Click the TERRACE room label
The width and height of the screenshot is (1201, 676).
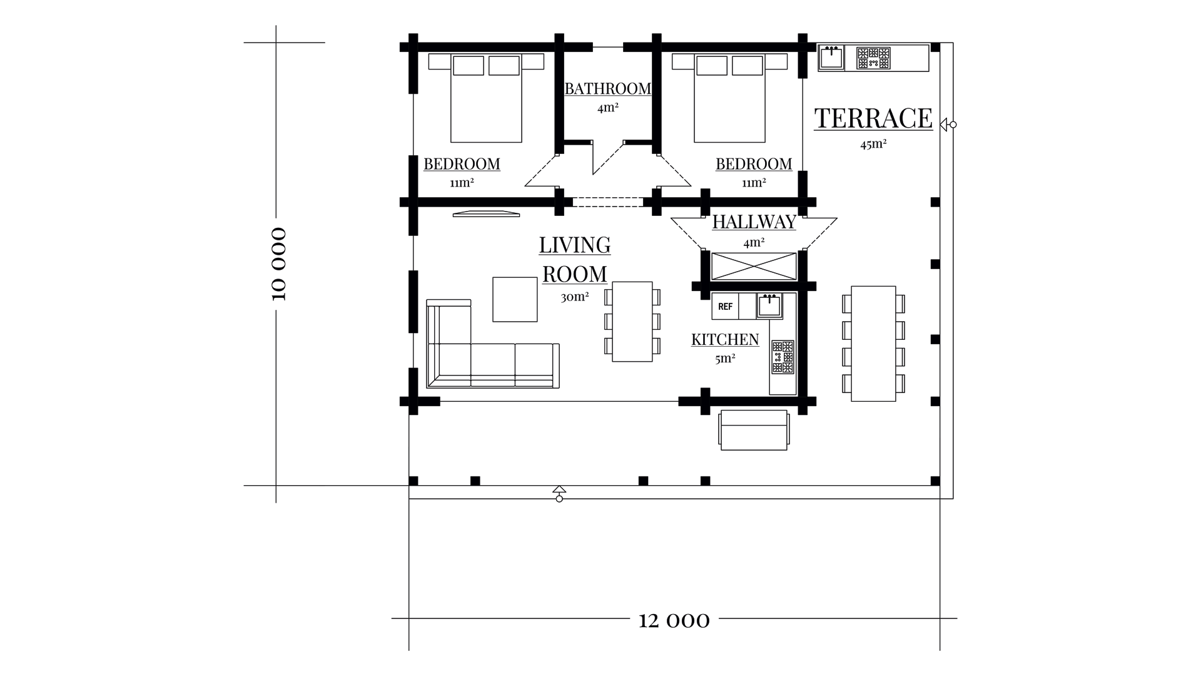(873, 118)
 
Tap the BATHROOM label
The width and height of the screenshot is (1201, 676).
(608, 89)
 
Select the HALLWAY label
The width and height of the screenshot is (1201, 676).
(754, 222)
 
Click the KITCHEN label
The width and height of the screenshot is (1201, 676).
(725, 339)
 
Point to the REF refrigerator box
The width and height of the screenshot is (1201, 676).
(725, 306)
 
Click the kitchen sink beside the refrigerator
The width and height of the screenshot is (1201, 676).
(769, 305)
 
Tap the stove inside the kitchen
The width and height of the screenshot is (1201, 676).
(783, 357)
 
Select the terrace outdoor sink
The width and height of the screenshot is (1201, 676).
(831, 58)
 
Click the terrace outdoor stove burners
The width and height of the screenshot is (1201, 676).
(873, 58)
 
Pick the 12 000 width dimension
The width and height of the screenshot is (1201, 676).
(674, 620)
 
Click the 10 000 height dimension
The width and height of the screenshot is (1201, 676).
(279, 264)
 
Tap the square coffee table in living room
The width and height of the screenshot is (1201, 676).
(515, 299)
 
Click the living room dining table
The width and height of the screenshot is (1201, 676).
(632, 322)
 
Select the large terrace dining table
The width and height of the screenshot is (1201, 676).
(873, 344)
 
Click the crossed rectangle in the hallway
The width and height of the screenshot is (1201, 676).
(754, 266)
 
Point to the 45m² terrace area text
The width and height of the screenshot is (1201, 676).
(873, 144)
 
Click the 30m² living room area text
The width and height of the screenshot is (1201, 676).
(575, 296)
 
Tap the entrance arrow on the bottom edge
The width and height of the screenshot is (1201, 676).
(559, 493)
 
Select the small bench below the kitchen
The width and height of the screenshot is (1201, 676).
(754, 430)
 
